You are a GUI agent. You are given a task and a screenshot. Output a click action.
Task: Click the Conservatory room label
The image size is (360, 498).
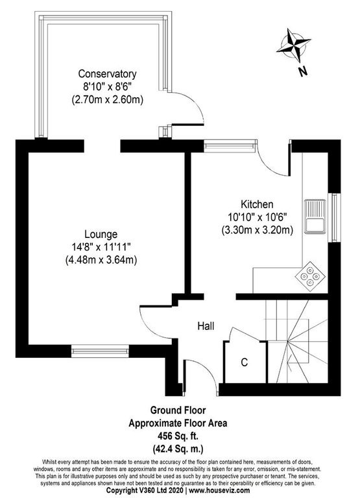point(107,74)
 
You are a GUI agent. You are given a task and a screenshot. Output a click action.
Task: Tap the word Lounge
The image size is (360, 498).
point(101,234)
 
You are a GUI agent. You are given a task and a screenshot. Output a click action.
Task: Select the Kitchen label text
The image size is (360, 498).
point(257,204)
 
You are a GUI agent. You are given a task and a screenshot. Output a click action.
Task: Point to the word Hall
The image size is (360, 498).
point(206,326)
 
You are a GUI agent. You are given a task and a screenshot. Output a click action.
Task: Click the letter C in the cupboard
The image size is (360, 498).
point(245,362)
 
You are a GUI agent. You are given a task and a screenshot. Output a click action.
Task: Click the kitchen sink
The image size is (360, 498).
point(315,217)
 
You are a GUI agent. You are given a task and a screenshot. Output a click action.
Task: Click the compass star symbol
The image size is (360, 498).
point(294,45)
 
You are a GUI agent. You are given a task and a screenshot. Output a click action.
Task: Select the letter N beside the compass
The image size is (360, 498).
point(303,71)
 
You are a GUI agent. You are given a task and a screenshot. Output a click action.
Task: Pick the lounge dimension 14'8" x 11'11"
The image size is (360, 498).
point(101,247)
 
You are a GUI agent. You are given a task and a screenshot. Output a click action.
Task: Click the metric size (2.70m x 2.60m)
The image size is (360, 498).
point(108,99)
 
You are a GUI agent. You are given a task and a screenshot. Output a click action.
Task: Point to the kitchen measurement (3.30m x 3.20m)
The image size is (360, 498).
point(257,230)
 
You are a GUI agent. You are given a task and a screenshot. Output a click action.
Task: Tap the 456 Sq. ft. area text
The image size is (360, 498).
point(178,436)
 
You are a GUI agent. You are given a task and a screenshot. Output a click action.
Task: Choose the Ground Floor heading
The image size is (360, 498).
point(178,410)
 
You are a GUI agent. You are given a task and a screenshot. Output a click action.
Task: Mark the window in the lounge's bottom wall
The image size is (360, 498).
point(100,351)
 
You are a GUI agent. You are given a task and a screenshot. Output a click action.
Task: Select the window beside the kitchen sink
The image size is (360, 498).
point(334,217)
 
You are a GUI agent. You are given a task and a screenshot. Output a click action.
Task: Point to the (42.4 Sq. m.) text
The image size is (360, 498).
point(178,449)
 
